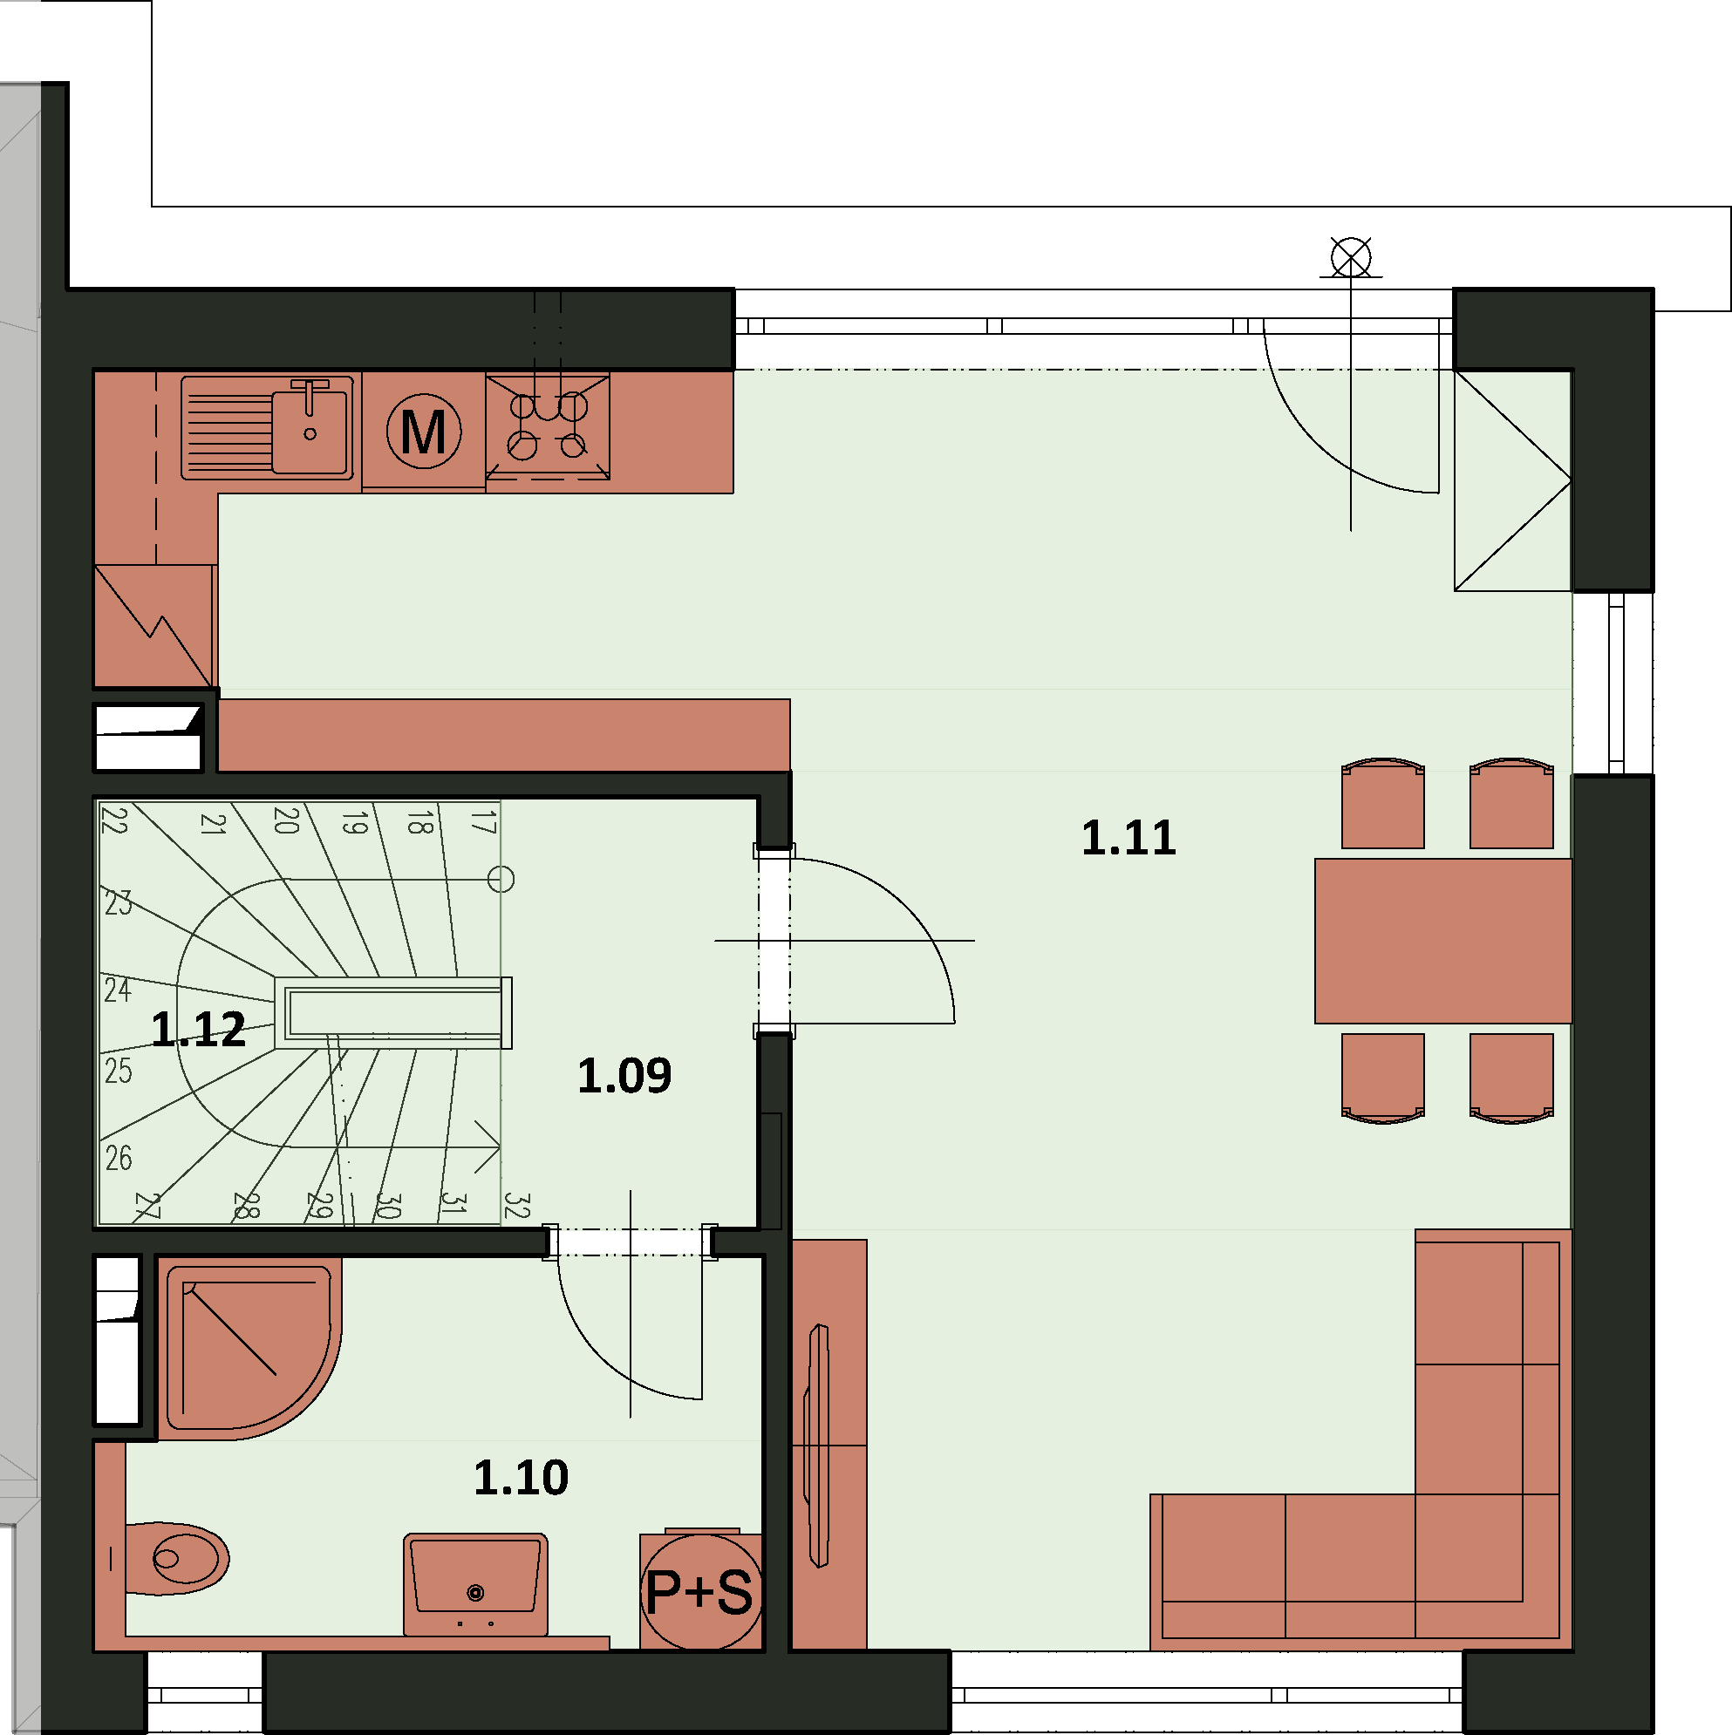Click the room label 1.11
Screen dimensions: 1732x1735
(x=1129, y=838)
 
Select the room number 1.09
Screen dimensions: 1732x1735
(x=624, y=1076)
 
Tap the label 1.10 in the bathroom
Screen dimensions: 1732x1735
(x=521, y=1477)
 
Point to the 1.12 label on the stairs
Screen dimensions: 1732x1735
(x=199, y=1029)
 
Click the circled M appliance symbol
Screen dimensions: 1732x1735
(x=424, y=431)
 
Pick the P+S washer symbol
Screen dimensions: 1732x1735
(x=700, y=1591)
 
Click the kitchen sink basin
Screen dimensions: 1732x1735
(x=310, y=427)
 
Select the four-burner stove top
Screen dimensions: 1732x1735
(x=548, y=427)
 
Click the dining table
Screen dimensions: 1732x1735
(x=1442, y=941)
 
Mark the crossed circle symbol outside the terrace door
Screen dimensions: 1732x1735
(x=1351, y=259)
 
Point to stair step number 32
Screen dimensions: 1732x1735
(x=516, y=1205)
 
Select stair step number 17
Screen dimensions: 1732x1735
(x=483, y=821)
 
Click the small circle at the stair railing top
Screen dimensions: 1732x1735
(x=501, y=879)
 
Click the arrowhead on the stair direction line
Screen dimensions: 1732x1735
(x=488, y=1146)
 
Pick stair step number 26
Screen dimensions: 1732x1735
(x=119, y=1159)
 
